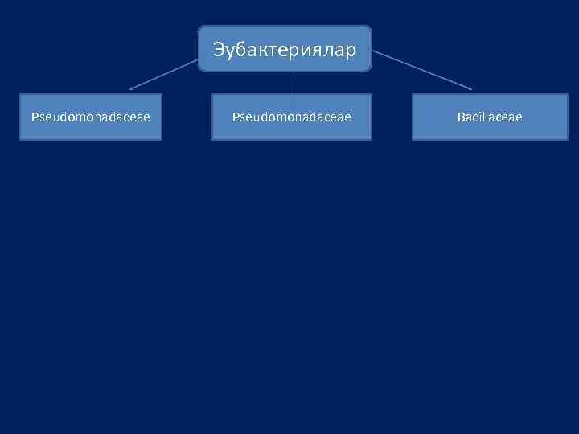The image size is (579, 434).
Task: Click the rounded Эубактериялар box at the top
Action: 285,49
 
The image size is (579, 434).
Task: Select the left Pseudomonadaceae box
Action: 91,117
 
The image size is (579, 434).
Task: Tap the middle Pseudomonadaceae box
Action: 291,117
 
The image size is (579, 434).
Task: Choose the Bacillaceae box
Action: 490,117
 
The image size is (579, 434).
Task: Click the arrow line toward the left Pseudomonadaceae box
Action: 165,72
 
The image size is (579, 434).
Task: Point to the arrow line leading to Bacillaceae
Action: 422,71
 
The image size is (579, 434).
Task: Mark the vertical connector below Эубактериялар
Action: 294,83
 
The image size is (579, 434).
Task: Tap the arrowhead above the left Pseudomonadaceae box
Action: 131,87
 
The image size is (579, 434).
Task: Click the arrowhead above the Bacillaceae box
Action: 471,88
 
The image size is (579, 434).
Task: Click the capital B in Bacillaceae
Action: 461,117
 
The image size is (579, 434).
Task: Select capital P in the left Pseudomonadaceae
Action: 35,117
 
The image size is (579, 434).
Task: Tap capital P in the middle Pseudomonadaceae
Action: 236,117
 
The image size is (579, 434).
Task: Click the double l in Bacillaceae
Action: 485,117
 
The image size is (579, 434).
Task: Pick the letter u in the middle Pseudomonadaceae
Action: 256,117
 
